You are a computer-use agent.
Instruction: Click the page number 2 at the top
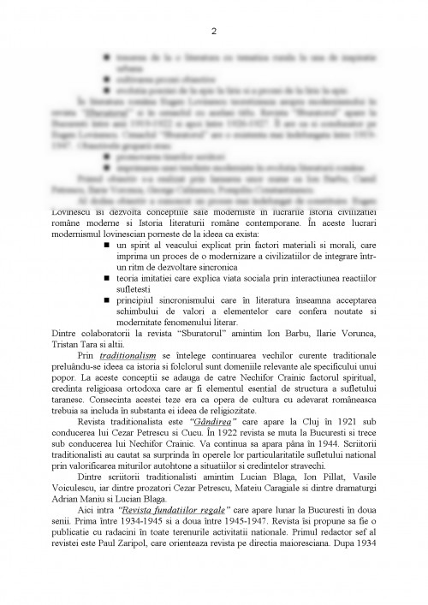pos(214,32)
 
